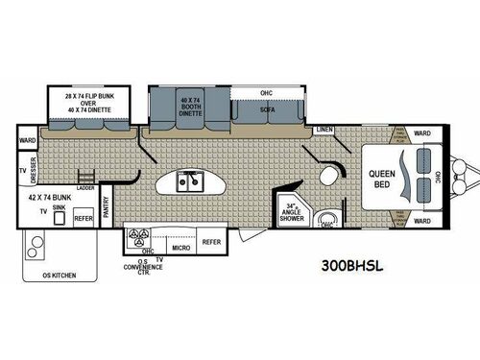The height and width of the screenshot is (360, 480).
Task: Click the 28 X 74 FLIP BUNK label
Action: (x=81, y=102)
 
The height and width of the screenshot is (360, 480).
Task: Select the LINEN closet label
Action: (x=324, y=129)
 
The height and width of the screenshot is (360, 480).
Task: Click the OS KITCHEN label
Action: (x=57, y=276)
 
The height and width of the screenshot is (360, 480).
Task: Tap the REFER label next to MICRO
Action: (x=211, y=243)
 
